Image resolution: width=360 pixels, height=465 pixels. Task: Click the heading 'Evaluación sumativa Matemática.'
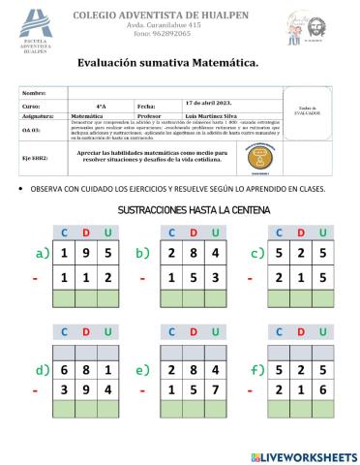point(168,63)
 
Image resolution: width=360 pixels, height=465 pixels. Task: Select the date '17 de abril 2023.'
point(208,104)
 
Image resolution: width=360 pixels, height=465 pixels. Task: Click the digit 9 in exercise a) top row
point(86,254)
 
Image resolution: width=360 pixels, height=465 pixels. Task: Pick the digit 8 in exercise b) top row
point(195,254)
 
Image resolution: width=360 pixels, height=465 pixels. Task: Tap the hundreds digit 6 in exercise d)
point(65,369)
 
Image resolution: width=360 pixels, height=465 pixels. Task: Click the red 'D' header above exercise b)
point(195,232)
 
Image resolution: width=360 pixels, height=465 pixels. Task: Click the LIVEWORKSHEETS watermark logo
point(303,455)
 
